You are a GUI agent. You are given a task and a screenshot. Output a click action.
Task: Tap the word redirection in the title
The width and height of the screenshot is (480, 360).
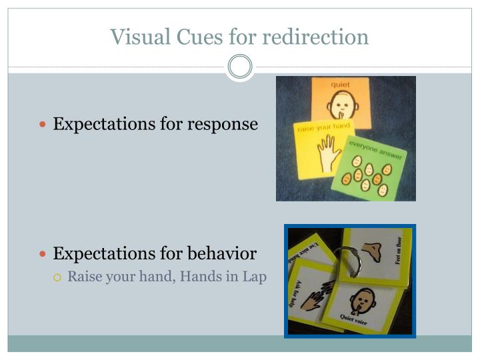(315, 37)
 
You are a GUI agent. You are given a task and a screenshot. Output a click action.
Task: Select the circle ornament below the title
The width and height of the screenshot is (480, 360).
(240, 67)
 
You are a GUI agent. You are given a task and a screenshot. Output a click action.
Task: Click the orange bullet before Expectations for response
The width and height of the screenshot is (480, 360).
(44, 125)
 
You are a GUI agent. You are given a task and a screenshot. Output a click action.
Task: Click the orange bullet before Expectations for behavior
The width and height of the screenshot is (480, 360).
(44, 254)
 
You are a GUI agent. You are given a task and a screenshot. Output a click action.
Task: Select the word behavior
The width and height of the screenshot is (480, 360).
(222, 254)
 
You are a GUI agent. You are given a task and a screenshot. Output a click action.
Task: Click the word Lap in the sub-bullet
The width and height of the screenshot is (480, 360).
(254, 276)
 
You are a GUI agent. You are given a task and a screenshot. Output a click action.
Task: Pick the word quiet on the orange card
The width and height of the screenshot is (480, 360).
(340, 85)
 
